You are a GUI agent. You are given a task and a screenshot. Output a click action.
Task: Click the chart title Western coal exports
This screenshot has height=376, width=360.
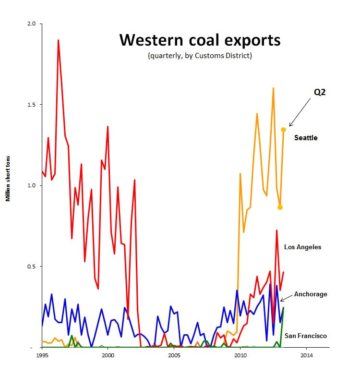tap(200, 40)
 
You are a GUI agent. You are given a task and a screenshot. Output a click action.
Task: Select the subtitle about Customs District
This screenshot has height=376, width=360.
tap(200, 56)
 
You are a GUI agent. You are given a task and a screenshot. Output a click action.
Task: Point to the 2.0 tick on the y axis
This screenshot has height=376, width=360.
tap(31, 24)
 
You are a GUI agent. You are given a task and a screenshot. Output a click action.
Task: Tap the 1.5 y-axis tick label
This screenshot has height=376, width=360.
tap(31, 105)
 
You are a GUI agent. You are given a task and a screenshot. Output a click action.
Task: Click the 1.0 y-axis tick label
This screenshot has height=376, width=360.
tap(31, 185)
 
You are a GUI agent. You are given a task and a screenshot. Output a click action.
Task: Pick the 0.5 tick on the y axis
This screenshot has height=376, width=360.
tap(31, 267)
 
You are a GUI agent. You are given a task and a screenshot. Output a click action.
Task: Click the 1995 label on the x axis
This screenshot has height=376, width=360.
tap(42, 355)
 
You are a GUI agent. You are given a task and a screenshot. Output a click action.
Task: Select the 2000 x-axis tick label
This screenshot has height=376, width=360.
tap(108, 355)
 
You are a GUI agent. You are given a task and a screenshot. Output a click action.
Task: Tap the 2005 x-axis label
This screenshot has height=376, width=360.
tap(174, 355)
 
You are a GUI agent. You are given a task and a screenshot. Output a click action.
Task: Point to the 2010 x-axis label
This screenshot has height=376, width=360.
tap(240, 355)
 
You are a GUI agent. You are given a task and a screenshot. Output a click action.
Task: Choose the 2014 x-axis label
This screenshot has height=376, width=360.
tap(307, 355)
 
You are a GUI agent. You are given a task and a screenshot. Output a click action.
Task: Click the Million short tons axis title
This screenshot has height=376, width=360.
tap(8, 179)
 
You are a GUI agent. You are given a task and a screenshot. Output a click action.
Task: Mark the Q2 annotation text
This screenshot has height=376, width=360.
tap(320, 92)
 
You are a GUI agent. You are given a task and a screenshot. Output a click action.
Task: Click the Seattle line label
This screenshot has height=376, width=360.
tap(306, 138)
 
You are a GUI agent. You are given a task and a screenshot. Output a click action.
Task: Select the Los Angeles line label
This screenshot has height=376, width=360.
tap(302, 247)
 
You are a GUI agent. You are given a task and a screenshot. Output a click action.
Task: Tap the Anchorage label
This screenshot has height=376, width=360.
tap(311, 294)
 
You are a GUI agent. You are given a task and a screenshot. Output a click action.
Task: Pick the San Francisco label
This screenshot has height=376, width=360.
tap(306, 336)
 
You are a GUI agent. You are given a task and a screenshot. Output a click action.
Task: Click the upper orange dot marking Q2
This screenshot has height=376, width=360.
tap(283, 130)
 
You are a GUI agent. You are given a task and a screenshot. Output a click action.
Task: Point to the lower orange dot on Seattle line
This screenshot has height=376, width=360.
tap(280, 207)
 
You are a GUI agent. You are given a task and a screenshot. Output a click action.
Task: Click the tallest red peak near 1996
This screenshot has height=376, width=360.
tap(58, 40)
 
